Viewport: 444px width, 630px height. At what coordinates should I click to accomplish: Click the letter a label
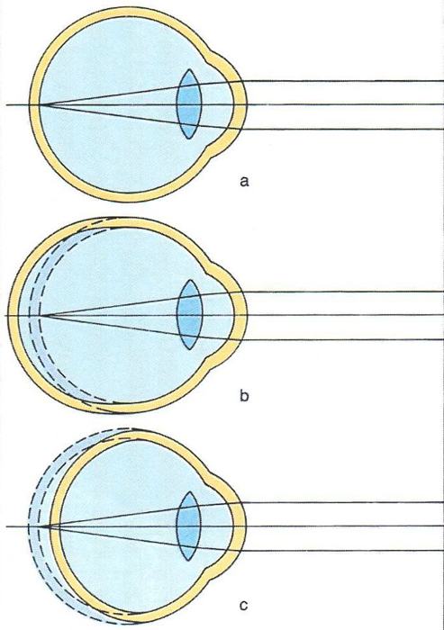(244, 182)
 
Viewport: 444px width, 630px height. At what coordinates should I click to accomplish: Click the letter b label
(244, 396)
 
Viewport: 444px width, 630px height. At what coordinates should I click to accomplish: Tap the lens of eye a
(188, 104)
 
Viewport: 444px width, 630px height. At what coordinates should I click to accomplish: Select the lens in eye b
(189, 314)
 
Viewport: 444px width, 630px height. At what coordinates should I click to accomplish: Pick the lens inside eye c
(188, 526)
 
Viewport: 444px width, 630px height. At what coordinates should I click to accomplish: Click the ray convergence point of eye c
(49, 526)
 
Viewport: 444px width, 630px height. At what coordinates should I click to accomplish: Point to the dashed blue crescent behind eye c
(38, 526)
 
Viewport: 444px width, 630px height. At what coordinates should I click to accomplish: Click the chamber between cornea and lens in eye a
(216, 104)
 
